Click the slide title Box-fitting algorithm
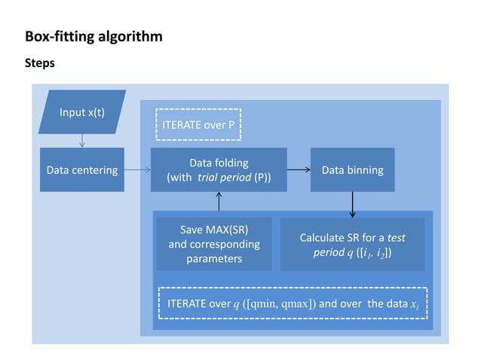tap(93, 36)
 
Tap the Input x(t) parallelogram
tap(82, 113)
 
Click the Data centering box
tap(81, 169)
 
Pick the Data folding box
tap(219, 169)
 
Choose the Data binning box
tap(352, 169)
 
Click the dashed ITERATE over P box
tap(198, 124)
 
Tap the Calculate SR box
tap(352, 245)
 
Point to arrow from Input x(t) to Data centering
tap(82, 141)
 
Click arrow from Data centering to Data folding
tap(137, 170)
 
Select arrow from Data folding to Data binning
tap(299, 170)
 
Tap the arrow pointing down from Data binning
tap(352, 203)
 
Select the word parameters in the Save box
tap(214, 259)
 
